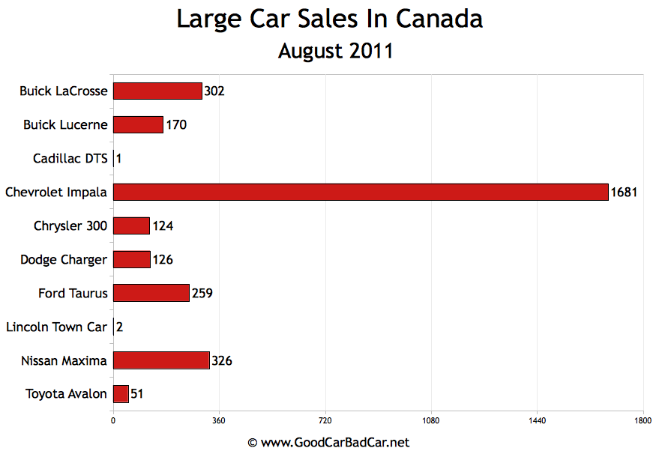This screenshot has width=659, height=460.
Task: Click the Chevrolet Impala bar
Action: coord(360,193)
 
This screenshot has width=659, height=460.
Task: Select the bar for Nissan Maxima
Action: coord(161,360)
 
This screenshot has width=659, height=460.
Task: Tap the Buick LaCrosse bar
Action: coord(157,91)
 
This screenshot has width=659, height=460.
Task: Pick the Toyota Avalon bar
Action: coord(121,394)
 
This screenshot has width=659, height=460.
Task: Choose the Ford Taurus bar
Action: coord(151,293)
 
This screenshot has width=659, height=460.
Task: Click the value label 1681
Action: coord(624,193)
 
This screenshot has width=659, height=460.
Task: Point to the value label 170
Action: coord(176,125)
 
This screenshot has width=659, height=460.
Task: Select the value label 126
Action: coord(163,260)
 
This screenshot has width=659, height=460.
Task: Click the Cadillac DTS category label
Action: coord(70,159)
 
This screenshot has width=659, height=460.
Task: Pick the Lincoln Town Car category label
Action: coord(56,327)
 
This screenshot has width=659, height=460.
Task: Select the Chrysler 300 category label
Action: coord(70,226)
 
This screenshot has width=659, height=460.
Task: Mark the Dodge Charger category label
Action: coord(64,260)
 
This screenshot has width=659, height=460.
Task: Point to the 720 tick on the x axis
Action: coord(325,421)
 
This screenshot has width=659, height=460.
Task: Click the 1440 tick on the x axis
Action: coord(537,421)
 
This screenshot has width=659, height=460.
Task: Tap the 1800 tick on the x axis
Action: coord(643,421)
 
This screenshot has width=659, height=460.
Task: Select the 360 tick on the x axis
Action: coord(219,421)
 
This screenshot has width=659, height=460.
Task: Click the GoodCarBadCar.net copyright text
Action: coord(329,443)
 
